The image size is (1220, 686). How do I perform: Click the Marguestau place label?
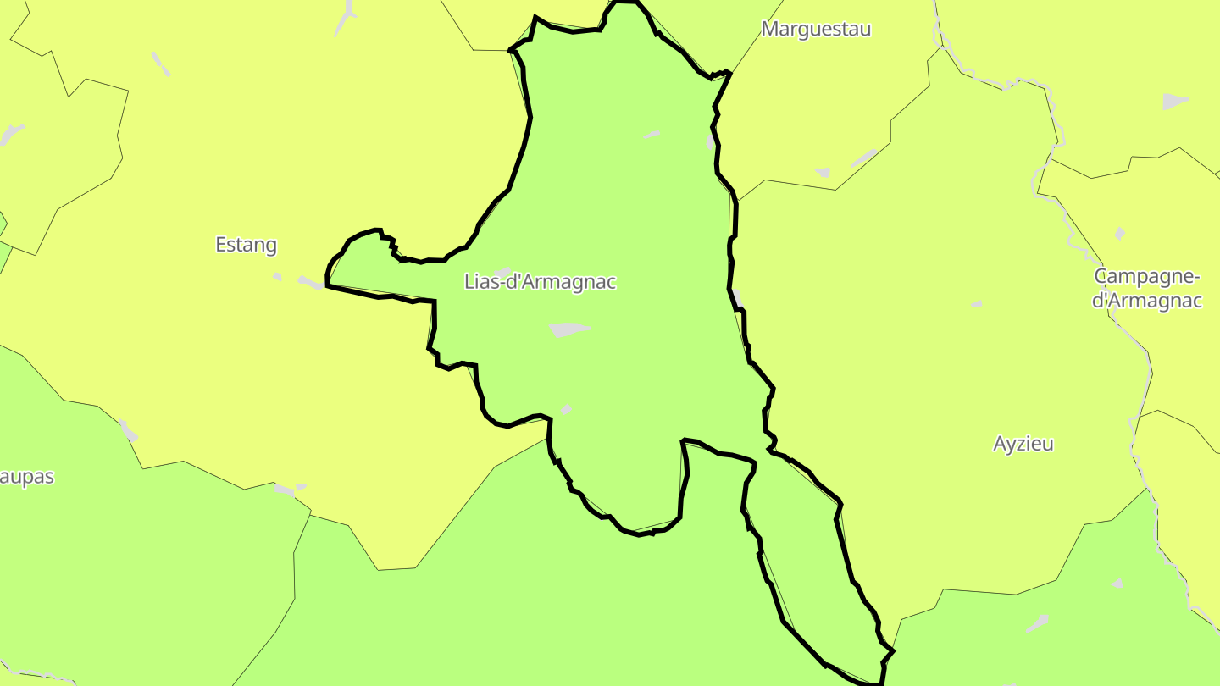pos(816,29)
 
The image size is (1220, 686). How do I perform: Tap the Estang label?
pos(246,246)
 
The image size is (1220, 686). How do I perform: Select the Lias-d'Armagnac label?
pos(540,282)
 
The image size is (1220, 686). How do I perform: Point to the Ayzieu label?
pos(1023,444)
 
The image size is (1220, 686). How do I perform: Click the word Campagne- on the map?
pos(1148,277)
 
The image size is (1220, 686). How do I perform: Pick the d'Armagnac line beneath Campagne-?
pos(1148,301)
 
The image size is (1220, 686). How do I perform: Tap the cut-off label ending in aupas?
pos(27,477)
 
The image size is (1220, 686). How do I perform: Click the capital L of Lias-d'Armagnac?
pos(469,282)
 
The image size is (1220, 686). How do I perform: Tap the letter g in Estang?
pos(270,247)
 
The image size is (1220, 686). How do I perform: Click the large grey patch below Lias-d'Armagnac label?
pos(568,329)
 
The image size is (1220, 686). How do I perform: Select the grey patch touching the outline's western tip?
pos(311,283)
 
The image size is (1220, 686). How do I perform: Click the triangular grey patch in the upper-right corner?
pos(1175,102)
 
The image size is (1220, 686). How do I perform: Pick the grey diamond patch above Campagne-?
pos(1120,234)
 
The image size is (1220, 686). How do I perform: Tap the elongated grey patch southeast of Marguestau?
pos(864,158)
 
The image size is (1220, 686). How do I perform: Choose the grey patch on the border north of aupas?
pos(128,431)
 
